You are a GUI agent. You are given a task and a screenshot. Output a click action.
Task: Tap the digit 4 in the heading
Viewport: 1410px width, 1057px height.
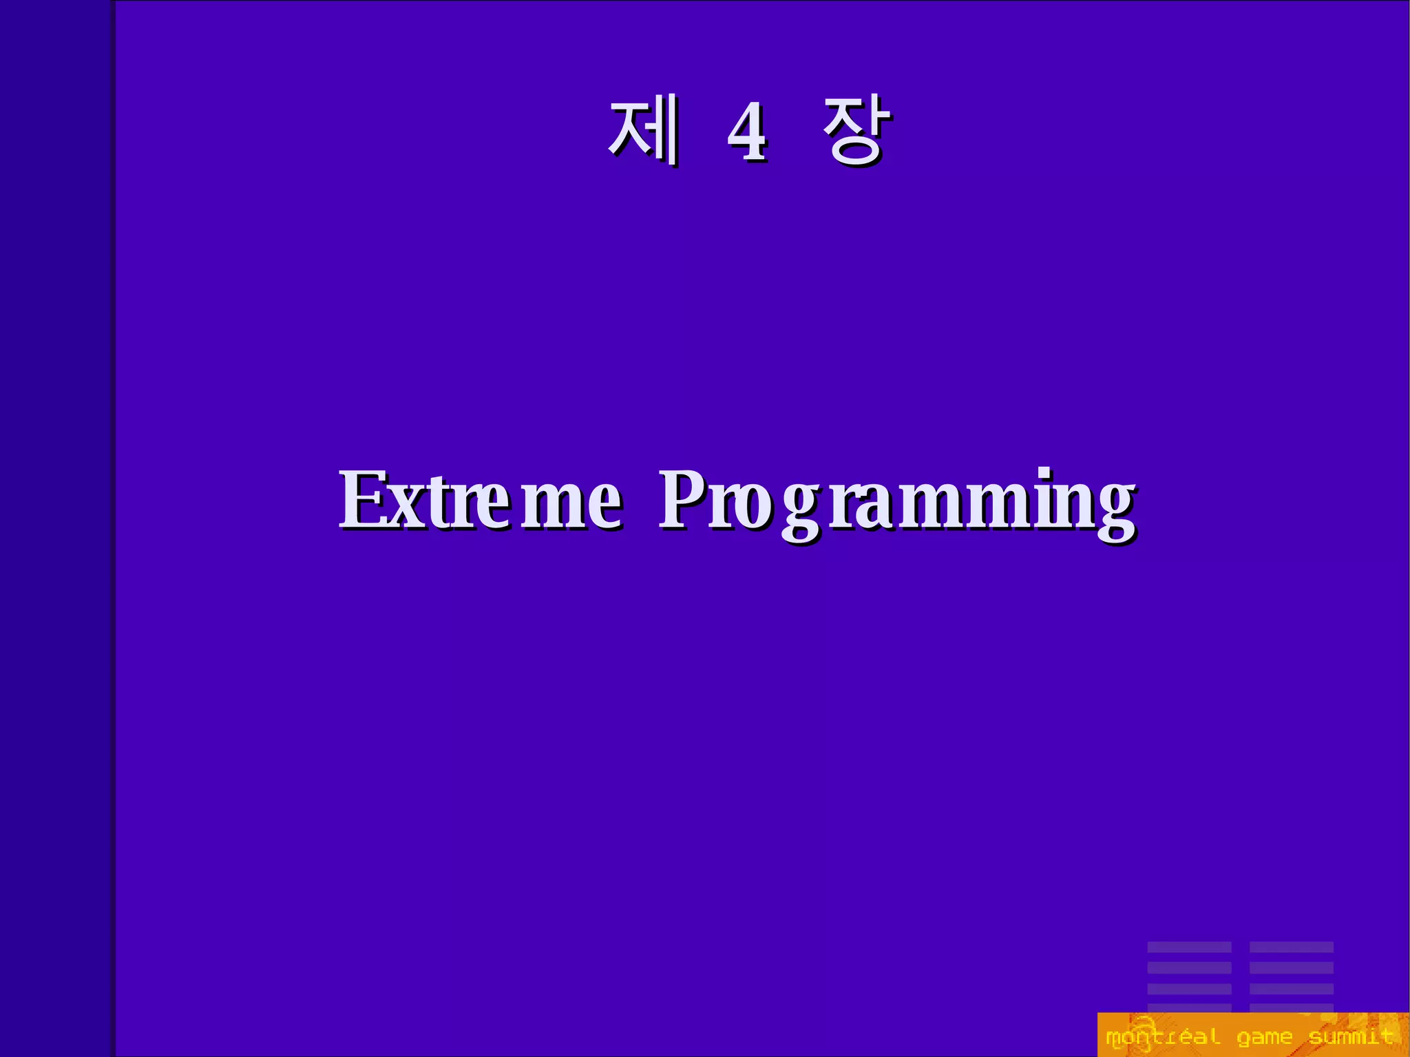tap(747, 133)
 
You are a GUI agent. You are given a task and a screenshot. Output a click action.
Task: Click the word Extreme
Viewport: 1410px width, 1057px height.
tap(480, 501)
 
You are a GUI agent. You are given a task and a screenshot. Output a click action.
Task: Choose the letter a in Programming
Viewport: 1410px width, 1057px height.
tap(866, 508)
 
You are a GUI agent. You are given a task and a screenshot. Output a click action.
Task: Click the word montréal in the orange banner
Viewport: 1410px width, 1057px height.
tap(1162, 1036)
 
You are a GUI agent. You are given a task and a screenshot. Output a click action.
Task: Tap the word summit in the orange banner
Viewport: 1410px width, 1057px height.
tap(1351, 1036)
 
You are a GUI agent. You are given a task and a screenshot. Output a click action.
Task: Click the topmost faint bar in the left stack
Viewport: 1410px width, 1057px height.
tap(1189, 948)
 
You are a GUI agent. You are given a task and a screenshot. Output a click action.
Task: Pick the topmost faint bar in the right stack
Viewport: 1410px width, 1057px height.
tap(1291, 948)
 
